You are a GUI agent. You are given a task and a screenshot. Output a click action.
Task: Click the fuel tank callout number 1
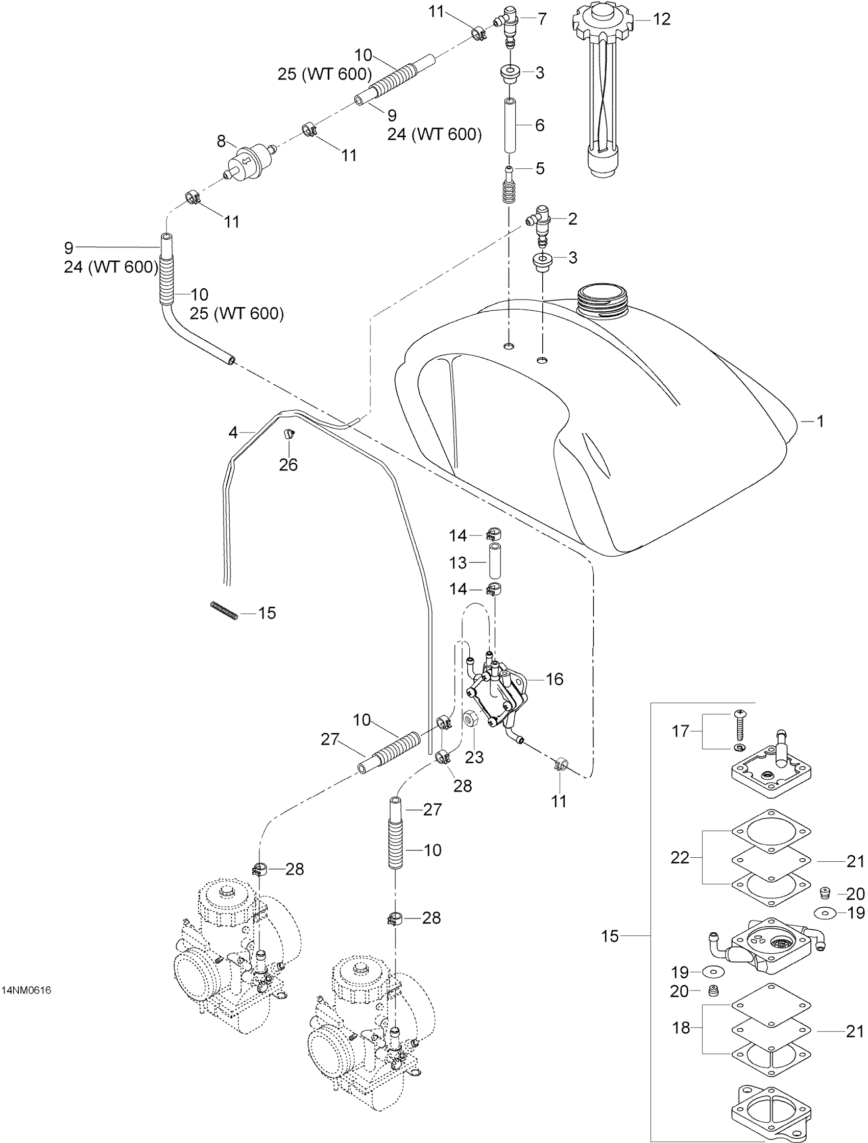pyautogui.click(x=819, y=421)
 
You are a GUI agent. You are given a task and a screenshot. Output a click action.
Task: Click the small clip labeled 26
pyautogui.click(x=289, y=434)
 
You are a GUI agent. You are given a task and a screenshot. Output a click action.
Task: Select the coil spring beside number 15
pyautogui.click(x=224, y=610)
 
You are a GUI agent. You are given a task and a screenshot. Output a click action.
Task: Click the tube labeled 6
pyautogui.click(x=509, y=126)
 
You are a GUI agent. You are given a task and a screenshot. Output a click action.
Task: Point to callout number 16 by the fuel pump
pyautogui.click(x=554, y=679)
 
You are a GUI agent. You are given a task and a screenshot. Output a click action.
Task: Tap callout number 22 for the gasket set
pyautogui.click(x=680, y=858)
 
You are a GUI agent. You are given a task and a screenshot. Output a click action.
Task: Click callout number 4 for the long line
pyautogui.click(x=233, y=432)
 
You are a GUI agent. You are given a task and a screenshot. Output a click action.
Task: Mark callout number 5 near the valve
pyautogui.click(x=540, y=168)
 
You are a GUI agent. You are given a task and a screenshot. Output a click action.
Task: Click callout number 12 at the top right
pyautogui.click(x=661, y=19)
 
